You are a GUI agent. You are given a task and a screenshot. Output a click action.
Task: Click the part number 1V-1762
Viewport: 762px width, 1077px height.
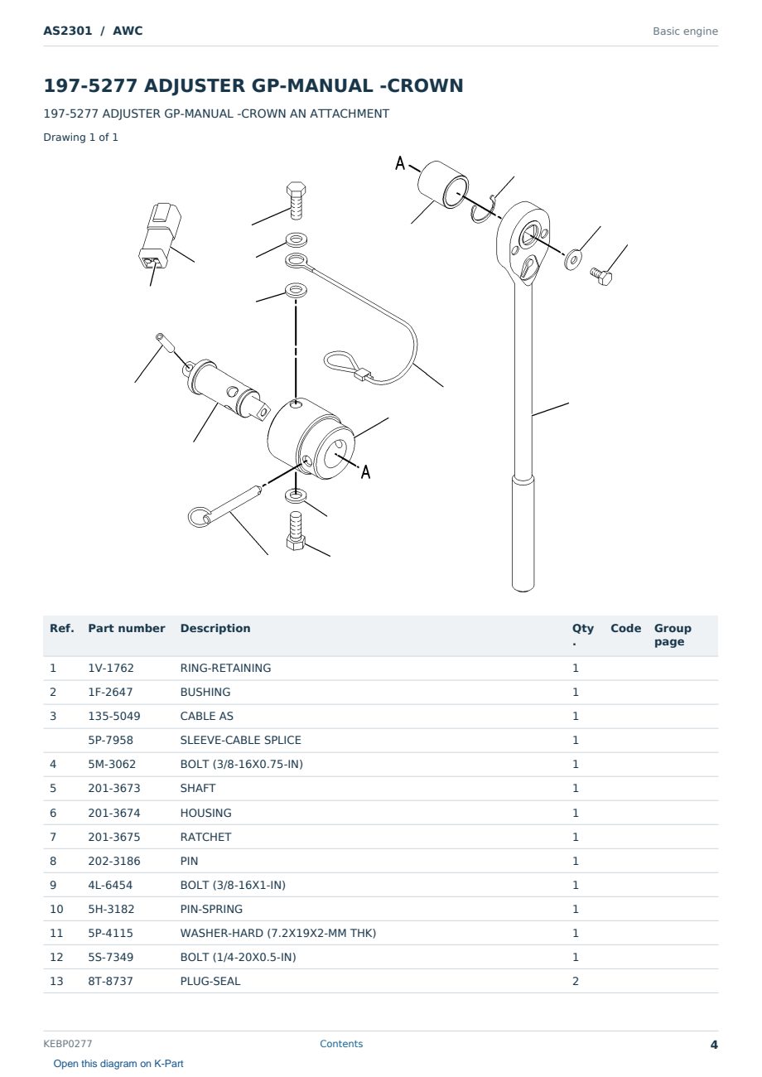click(x=111, y=668)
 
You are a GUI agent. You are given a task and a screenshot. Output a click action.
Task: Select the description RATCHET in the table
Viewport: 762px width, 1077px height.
click(x=205, y=837)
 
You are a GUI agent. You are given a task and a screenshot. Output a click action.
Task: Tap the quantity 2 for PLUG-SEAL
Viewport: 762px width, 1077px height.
click(x=576, y=982)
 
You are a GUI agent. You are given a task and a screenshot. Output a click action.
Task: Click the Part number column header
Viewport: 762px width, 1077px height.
click(x=127, y=629)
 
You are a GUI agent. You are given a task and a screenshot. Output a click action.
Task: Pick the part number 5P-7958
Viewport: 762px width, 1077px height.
click(x=111, y=740)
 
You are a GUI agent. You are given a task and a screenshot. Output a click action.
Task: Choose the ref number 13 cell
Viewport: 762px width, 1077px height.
click(x=56, y=982)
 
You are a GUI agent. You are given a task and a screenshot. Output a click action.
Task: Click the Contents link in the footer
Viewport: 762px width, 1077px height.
click(x=341, y=1044)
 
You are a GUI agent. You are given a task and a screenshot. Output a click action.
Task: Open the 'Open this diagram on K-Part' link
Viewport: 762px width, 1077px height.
click(x=118, y=1064)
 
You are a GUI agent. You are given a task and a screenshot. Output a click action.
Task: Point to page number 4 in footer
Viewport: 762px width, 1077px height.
click(x=714, y=1045)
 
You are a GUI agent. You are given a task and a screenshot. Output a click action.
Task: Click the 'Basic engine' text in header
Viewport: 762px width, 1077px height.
click(x=685, y=31)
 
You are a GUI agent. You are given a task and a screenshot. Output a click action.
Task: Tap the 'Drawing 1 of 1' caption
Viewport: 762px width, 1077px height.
click(x=81, y=138)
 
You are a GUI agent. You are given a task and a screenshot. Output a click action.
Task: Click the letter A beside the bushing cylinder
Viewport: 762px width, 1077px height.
click(x=400, y=163)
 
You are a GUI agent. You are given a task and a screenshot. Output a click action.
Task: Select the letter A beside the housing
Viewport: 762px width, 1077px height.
click(x=366, y=471)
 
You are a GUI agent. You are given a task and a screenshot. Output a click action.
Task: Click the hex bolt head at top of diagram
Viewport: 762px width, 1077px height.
click(x=297, y=190)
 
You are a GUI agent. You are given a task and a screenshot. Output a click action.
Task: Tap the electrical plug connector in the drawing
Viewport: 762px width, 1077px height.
click(x=160, y=235)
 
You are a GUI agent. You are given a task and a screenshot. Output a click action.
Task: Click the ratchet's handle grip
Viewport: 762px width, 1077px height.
click(x=523, y=533)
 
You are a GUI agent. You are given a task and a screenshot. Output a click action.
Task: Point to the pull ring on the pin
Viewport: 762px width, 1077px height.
click(x=199, y=516)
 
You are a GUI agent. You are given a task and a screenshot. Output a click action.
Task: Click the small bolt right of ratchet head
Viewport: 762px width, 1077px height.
click(x=601, y=276)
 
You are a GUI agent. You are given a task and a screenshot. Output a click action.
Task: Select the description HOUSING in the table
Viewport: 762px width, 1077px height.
click(x=205, y=813)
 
